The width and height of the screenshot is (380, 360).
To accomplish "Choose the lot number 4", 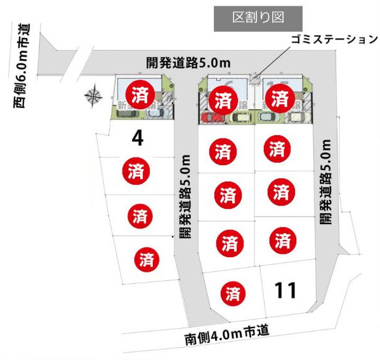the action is click(138, 137).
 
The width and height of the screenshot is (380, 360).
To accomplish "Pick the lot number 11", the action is click(286, 290).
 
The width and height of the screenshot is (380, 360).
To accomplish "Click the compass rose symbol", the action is click(93, 97).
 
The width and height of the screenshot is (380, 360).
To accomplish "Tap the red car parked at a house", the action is click(208, 117).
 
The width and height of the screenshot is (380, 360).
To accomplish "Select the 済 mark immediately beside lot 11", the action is click(233, 293).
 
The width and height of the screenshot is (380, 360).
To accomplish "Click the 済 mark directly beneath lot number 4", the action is click(135, 170).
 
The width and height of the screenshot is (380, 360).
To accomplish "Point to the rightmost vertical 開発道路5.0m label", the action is click(325, 183).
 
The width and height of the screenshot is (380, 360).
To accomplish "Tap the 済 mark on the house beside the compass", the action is click(138, 95).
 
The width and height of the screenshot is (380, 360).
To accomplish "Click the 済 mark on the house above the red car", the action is click(223, 100).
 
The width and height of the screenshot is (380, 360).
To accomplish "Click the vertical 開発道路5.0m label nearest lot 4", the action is click(185, 196).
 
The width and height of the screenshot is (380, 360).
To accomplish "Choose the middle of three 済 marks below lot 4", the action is click(140, 215).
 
